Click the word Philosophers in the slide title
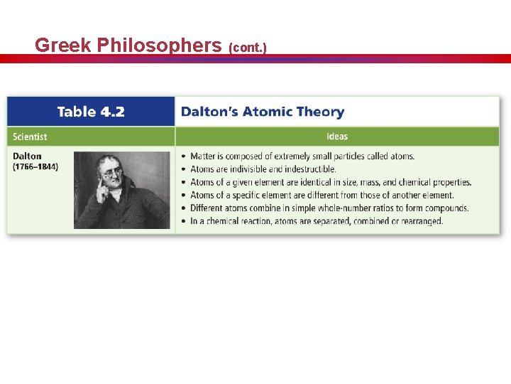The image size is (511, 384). [x=159, y=46]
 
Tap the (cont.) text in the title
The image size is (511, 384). [x=247, y=48]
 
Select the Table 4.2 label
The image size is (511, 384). [x=91, y=112]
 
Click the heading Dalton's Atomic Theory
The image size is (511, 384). [x=263, y=112]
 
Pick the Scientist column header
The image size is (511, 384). [x=31, y=137]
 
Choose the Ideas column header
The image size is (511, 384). [x=337, y=137]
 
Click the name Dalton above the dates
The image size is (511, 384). [x=28, y=156]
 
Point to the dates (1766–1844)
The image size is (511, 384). [x=35, y=167]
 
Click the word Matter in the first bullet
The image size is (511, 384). [x=203, y=156]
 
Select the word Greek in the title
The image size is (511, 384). [x=62, y=46]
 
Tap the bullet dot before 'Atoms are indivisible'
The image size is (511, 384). [x=184, y=169]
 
